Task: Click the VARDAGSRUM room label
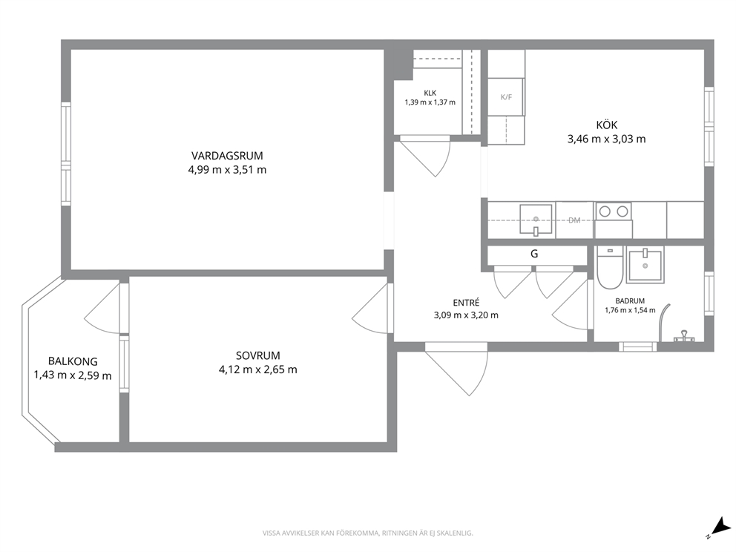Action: point(227,155)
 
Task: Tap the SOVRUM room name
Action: point(257,356)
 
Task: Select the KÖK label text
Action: point(606,125)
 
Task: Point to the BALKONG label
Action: point(73,361)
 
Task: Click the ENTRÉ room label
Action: point(466,303)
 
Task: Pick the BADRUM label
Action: point(630,301)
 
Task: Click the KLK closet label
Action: point(430,93)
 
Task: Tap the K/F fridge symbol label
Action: point(506,97)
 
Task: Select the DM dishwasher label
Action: point(574,220)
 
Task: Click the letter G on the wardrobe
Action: point(534,254)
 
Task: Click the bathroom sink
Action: point(645,265)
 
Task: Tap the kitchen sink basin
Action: point(536,219)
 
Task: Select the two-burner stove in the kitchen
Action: point(614,211)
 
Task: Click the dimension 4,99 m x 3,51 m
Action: point(227,170)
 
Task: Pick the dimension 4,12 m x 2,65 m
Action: point(257,370)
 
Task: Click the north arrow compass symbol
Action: point(716,527)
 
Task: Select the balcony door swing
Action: point(102,307)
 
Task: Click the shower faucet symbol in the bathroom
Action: point(684,336)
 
